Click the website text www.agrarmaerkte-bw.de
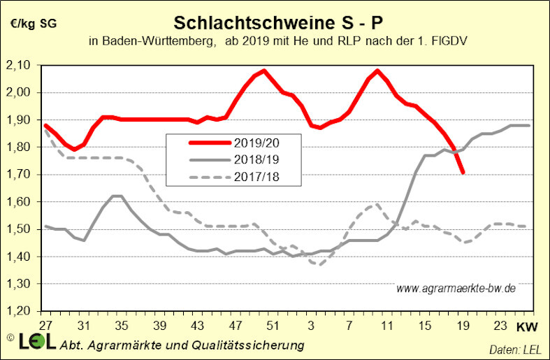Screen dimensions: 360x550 [456, 288]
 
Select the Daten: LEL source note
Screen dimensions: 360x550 [516, 347]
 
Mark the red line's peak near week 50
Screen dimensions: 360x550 [263, 71]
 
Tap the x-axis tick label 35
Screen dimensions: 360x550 [120, 326]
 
